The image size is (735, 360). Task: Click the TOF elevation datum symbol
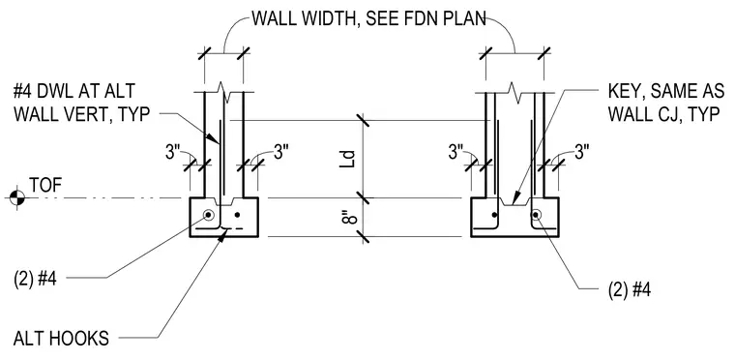click(16, 197)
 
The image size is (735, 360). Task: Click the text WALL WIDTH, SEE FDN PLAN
click(368, 19)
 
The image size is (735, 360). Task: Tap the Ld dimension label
click(348, 159)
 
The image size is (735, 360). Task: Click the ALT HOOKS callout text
click(61, 339)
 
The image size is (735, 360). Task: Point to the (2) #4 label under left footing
click(36, 279)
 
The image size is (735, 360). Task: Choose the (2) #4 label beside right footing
click(629, 289)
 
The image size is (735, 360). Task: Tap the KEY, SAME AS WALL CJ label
click(666, 103)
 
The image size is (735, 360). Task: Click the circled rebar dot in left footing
click(208, 215)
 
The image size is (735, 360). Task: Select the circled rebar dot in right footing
click(536, 215)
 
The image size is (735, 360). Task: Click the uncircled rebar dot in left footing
click(237, 215)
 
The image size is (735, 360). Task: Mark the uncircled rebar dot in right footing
click(494, 215)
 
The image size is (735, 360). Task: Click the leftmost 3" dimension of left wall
click(173, 152)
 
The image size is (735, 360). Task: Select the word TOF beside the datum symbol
click(45, 186)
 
